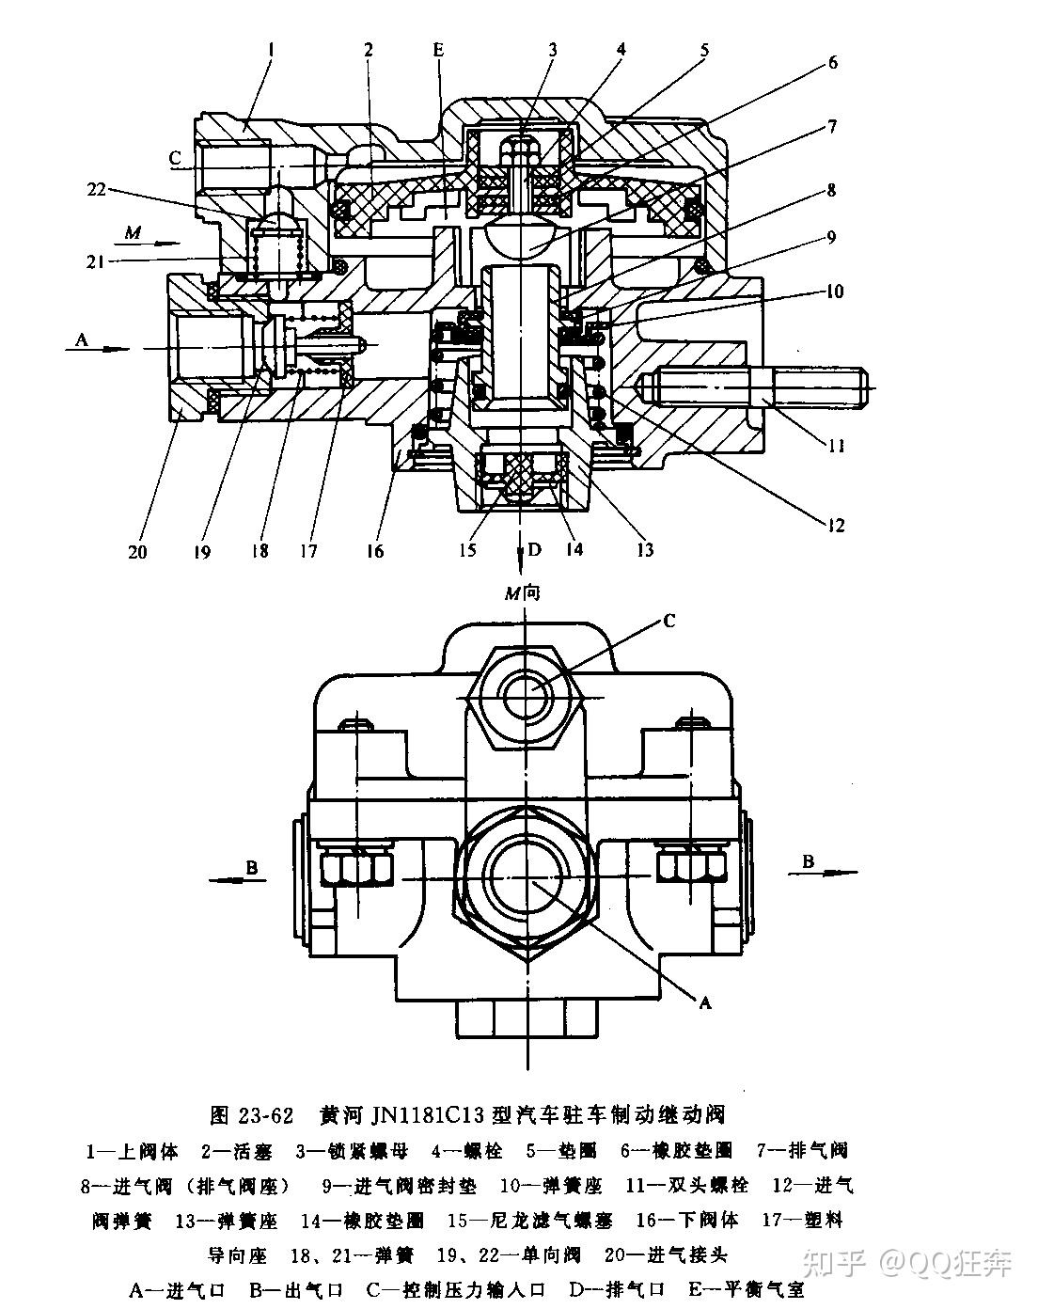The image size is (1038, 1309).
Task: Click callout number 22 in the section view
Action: (x=96, y=189)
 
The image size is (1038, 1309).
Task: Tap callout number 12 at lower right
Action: (x=836, y=525)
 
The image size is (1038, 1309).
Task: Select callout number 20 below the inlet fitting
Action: (x=137, y=552)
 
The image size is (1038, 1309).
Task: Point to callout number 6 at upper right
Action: (x=832, y=61)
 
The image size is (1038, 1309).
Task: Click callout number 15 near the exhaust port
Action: (x=467, y=550)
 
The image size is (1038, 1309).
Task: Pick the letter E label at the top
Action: (x=439, y=50)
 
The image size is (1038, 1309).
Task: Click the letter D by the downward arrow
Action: (x=534, y=550)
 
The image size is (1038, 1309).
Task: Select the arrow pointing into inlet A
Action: (x=97, y=349)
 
